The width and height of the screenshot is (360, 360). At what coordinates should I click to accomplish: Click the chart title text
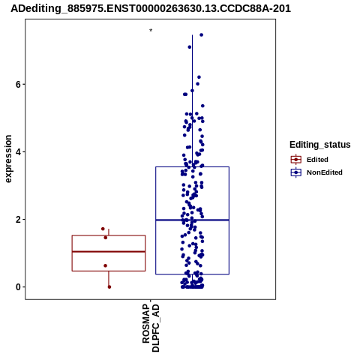tap(151, 9)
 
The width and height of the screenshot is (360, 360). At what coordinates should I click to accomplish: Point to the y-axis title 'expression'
tap(8, 159)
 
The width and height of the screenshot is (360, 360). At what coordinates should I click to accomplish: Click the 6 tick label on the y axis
tap(18, 85)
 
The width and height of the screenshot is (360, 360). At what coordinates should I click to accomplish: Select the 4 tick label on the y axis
tap(18, 152)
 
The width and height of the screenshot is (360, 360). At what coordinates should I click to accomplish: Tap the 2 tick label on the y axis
tap(18, 220)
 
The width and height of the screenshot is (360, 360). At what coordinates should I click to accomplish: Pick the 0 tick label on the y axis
tap(18, 287)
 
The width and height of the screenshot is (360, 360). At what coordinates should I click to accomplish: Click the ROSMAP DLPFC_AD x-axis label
tap(151, 328)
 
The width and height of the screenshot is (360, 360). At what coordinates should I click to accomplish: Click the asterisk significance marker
tap(151, 30)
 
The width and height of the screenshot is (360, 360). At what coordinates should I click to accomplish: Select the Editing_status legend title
tap(320, 145)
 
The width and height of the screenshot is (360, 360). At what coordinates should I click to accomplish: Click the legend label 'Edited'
tap(317, 160)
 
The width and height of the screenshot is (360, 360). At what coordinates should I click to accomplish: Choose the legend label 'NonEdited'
tap(325, 172)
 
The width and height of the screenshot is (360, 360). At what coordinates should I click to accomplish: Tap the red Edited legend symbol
tap(296, 160)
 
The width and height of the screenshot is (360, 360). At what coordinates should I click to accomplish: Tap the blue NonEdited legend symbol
tap(296, 172)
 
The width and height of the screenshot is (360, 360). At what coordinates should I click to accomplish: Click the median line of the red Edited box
tap(109, 251)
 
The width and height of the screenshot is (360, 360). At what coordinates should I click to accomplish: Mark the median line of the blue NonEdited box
tap(192, 220)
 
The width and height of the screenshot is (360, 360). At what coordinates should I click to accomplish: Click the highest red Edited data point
tap(103, 229)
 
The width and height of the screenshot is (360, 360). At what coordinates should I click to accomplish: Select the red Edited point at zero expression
tap(109, 287)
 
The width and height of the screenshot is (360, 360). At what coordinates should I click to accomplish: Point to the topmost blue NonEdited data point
tap(201, 35)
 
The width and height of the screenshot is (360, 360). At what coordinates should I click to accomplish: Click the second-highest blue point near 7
tap(190, 47)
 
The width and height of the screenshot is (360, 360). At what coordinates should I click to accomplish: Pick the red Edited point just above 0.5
tap(105, 265)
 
